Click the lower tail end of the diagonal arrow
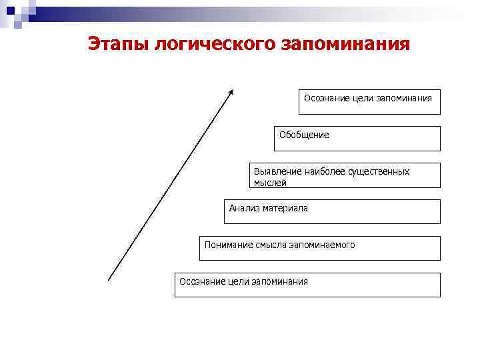(x=109, y=279)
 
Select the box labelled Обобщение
(x=357, y=139)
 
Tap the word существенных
(x=380, y=171)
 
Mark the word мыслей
(x=270, y=182)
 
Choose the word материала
(x=286, y=208)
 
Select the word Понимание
(x=228, y=245)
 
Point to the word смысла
(x=270, y=245)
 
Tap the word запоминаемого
(x=321, y=245)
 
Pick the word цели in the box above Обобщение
(x=351, y=98)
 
